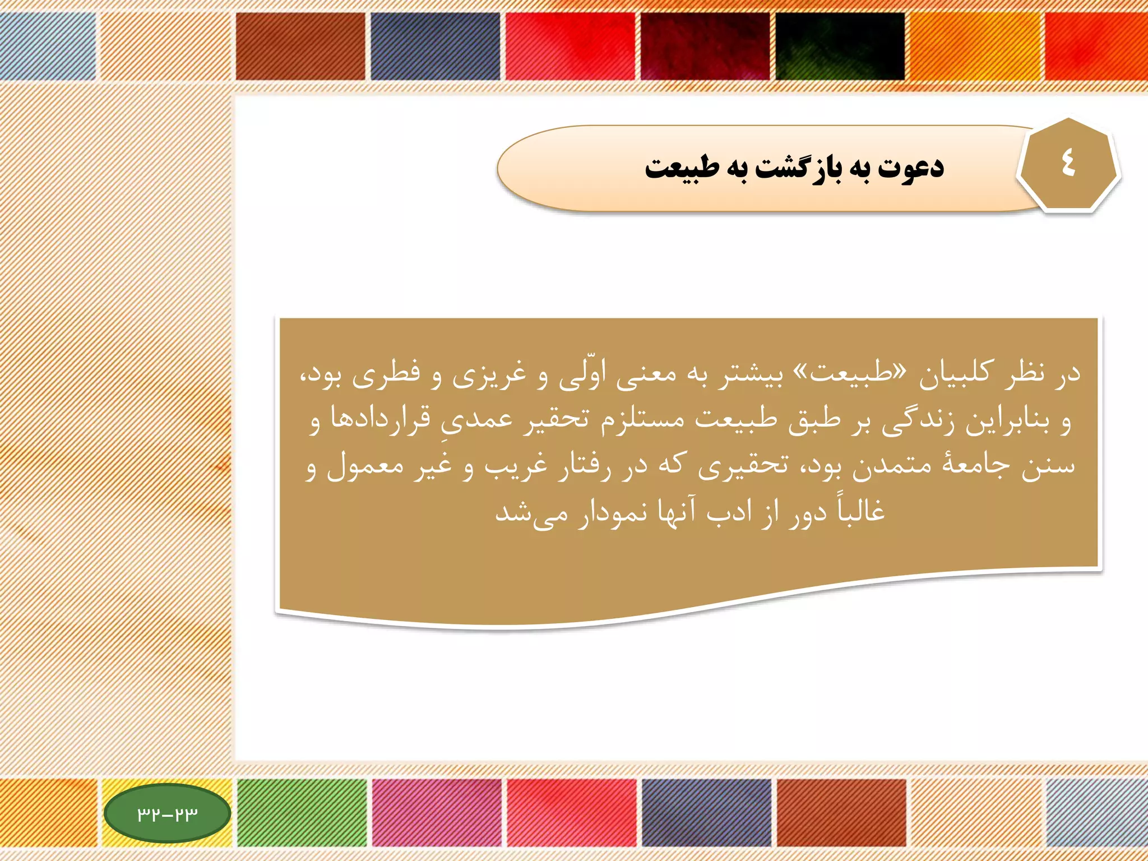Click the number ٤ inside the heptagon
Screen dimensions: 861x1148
[1068, 164]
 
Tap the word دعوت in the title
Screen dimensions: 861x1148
[911, 167]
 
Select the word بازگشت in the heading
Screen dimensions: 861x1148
[798, 167]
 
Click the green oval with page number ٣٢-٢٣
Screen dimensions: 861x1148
[168, 813]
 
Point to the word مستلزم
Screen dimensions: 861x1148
[643, 419]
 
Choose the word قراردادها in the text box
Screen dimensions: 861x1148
[381, 418]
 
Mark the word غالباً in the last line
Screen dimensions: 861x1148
[861, 510]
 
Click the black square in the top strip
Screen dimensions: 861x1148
[840, 46]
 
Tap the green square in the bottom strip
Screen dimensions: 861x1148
[302, 812]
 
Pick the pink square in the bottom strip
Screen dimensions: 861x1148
[437, 812]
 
